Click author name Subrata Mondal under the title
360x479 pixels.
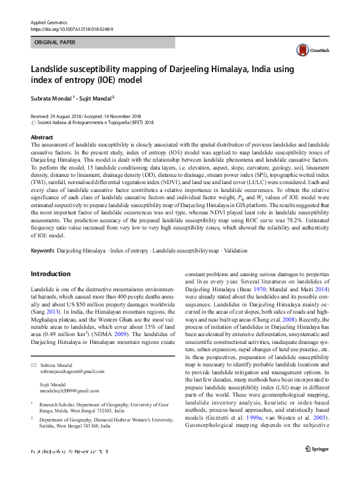(51, 98)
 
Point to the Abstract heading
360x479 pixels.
(41, 137)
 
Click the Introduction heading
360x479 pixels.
(50, 274)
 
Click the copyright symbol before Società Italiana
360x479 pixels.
(33, 122)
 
